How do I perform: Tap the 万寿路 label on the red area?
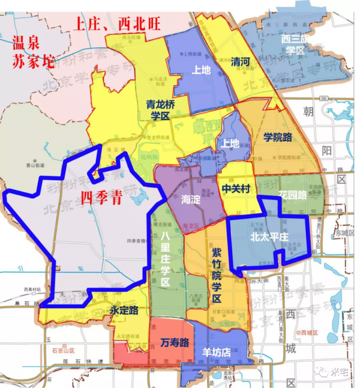[175, 343]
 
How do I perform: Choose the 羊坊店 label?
[217, 353]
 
